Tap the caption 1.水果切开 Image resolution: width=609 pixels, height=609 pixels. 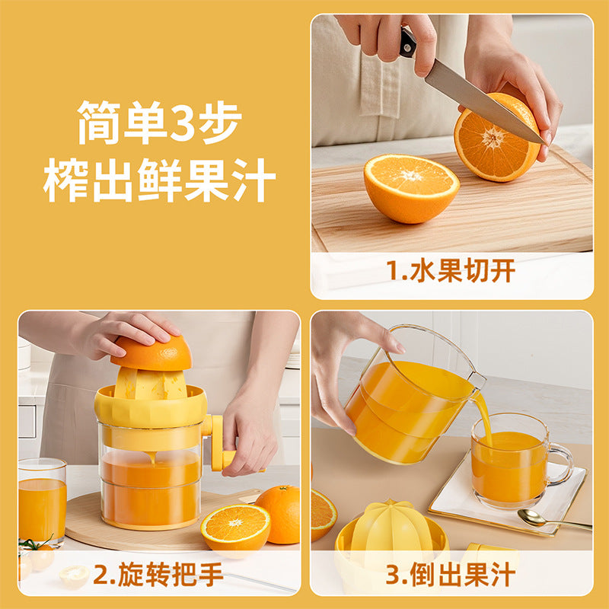[x=451, y=270]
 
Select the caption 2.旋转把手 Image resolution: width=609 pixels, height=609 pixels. [x=158, y=575]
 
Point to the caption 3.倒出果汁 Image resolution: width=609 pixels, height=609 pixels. [x=451, y=575]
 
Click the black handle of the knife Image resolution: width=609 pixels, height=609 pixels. [x=408, y=43]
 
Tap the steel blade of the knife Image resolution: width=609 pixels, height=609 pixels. [x=482, y=102]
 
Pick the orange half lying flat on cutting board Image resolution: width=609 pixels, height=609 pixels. [x=412, y=188]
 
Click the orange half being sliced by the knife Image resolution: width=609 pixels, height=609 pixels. [x=497, y=137]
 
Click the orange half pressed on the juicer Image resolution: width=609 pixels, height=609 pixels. [x=153, y=352]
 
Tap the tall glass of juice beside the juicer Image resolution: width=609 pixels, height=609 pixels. [x=42, y=502]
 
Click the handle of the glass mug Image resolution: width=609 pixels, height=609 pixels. [x=562, y=464]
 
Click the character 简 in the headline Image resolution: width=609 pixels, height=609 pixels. [x=99, y=122]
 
